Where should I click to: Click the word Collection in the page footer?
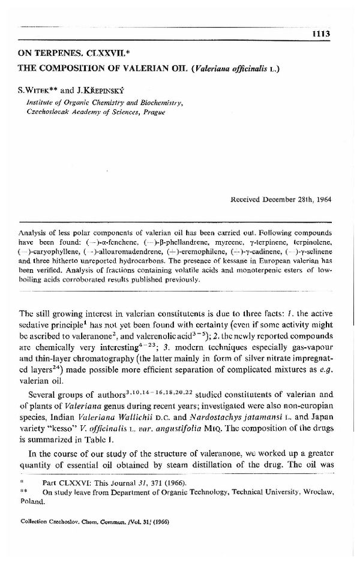pyautogui.click(x=37, y=521)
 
